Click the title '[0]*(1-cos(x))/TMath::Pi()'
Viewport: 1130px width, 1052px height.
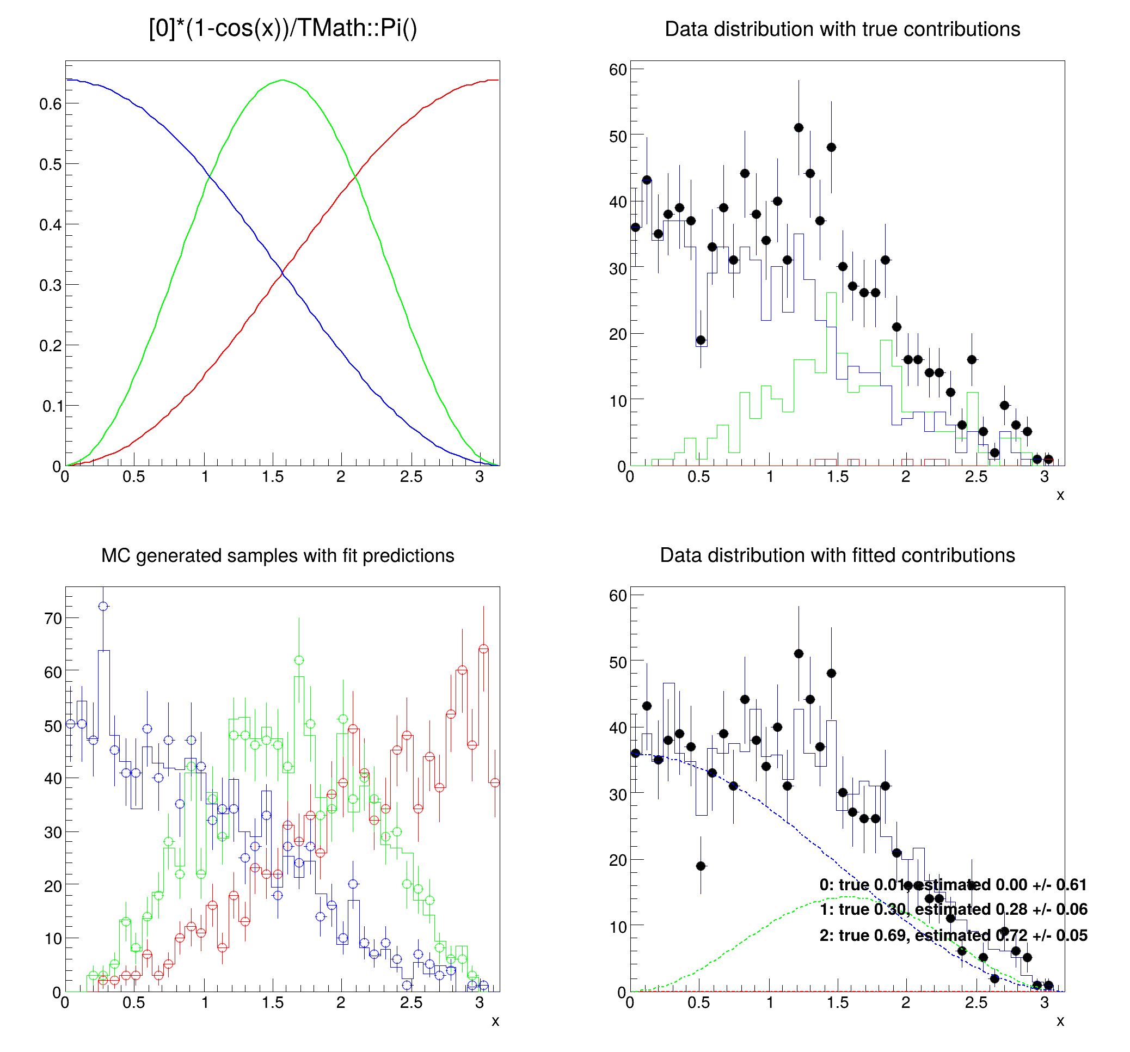click(x=282, y=28)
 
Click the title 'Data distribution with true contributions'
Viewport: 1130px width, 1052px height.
click(x=842, y=29)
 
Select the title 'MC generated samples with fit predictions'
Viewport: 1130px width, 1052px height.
click(x=278, y=555)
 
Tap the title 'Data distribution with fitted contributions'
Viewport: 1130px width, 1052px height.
click(x=837, y=555)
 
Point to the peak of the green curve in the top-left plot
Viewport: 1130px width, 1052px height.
click(x=282, y=80)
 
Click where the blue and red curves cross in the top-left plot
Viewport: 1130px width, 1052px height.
click(x=282, y=274)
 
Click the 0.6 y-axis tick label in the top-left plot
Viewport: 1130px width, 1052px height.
click(x=50, y=103)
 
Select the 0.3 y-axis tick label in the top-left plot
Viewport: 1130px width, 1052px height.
click(x=50, y=285)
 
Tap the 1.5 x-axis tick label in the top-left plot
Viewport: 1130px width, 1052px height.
click(x=273, y=476)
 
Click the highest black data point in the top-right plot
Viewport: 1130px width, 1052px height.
click(x=799, y=127)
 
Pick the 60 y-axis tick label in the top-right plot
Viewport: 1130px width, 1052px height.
click(x=618, y=69)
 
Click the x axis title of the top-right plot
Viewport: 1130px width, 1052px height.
click(x=1060, y=496)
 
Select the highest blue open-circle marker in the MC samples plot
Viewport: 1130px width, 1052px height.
click(x=103, y=606)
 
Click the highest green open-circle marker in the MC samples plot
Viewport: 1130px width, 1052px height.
click(x=299, y=660)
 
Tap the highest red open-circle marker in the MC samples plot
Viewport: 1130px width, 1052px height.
click(x=484, y=649)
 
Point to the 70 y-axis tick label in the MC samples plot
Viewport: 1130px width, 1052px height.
click(x=53, y=618)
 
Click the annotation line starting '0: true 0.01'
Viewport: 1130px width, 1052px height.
click(x=953, y=885)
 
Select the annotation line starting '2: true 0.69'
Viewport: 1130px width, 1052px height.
click(x=953, y=935)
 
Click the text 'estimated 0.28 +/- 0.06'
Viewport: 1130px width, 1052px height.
click(x=1001, y=909)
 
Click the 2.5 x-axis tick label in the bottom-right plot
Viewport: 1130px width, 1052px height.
click(x=976, y=1002)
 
